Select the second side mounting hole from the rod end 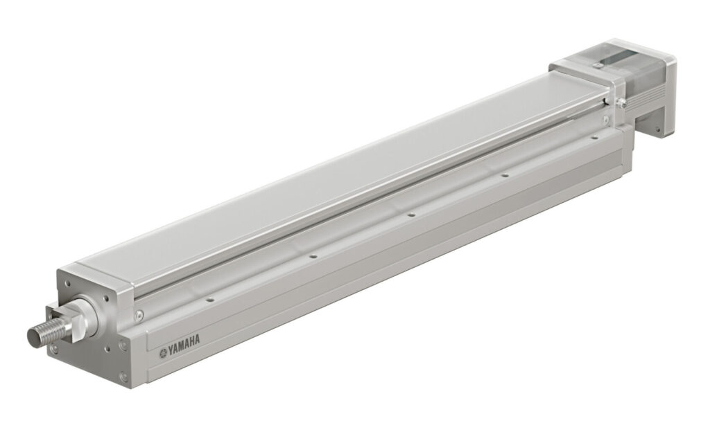pyautogui.click(x=313, y=257)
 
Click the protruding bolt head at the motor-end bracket pyautogui.click(x=622, y=102)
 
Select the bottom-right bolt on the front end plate pyautogui.click(x=123, y=377)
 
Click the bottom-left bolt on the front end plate pyautogui.click(x=54, y=350)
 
